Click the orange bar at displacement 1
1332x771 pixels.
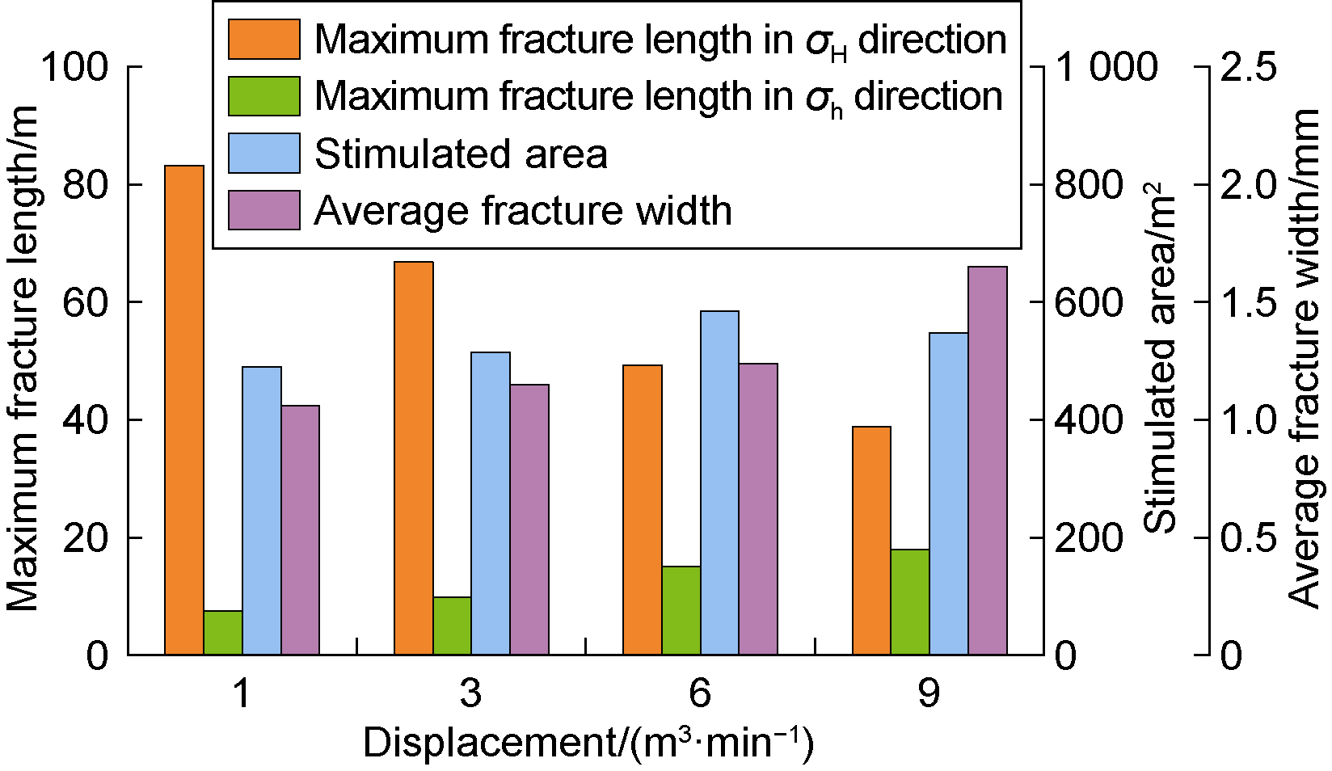tap(184, 410)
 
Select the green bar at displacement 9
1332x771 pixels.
tap(910, 602)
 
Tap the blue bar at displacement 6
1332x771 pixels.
tap(719, 482)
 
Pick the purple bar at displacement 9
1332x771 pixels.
tap(988, 461)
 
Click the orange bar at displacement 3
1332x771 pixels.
tap(413, 458)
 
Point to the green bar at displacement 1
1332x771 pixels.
tap(223, 632)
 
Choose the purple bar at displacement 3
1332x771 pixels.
tap(529, 519)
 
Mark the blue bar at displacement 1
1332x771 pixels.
tap(262, 511)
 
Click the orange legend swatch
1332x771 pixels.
tap(263, 40)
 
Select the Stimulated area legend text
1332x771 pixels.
tap(461, 154)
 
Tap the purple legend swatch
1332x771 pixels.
tap(263, 210)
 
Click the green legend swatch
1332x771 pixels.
tap(263, 96)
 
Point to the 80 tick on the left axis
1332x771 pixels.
tap(85, 185)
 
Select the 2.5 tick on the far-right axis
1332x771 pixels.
tap(1249, 67)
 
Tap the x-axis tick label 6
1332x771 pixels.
tap(700, 693)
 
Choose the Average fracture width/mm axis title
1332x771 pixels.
tap(1303, 359)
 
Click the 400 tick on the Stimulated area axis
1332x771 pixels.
tap(1090, 420)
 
